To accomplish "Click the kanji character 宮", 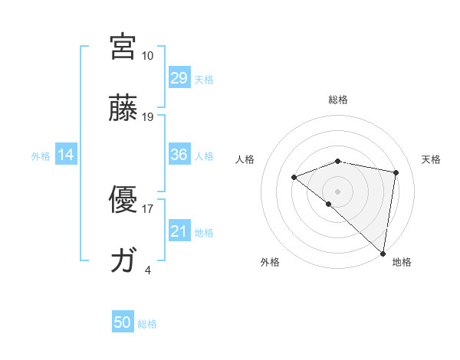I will (x=123, y=47).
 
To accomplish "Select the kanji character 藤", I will (x=123, y=108).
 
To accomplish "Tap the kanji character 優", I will (x=123, y=200).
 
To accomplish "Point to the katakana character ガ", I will (x=123, y=261).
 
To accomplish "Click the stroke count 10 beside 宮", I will (x=147, y=55).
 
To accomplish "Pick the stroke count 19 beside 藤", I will (x=147, y=116).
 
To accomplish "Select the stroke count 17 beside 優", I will (x=147, y=208).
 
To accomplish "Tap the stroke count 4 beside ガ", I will (x=147, y=270).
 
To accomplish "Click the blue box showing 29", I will (x=179, y=78).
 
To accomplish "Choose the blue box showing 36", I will (x=179, y=155).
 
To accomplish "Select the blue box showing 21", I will (x=179, y=231).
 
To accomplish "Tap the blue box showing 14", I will (x=66, y=155).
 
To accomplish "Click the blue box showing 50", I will (x=123, y=322).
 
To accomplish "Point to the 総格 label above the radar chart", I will (x=338, y=100).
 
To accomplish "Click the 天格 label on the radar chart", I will (x=431, y=159).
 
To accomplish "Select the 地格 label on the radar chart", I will (x=402, y=262).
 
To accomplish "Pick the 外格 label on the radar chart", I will (x=270, y=262).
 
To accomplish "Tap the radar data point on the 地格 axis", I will (x=383, y=253).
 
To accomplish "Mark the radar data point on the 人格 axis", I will (x=294, y=178).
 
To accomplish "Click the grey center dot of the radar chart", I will (x=337, y=191).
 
